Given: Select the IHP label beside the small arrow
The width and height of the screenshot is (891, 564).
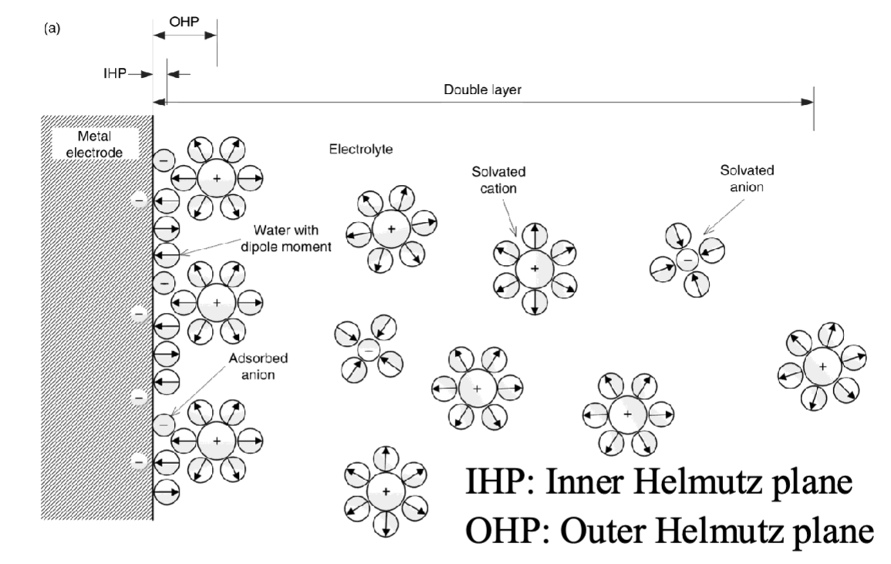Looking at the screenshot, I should coord(113,74).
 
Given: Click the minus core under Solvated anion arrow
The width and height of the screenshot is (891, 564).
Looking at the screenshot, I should coord(687,260).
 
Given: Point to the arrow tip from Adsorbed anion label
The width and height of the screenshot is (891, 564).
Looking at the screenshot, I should coord(172,417).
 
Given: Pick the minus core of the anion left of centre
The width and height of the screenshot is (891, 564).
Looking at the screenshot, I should coord(368,351).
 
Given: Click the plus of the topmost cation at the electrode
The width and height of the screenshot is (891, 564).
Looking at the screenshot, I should coord(217,179).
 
